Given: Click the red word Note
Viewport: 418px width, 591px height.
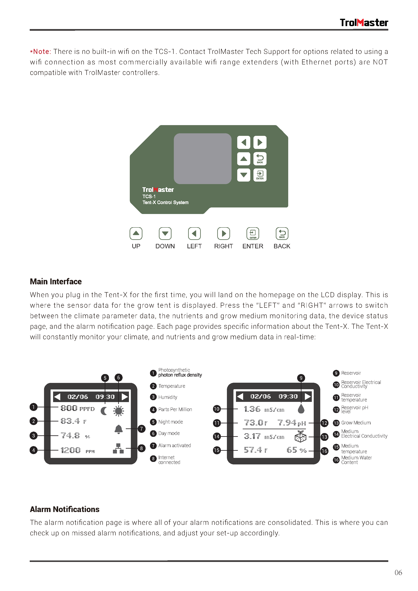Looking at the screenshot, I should pos(42,52).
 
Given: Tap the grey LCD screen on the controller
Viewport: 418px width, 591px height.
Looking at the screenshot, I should pos(202,158).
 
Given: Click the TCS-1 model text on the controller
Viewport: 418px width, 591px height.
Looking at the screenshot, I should pos(149,196).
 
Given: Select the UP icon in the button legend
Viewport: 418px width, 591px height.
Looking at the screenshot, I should pos(136,233).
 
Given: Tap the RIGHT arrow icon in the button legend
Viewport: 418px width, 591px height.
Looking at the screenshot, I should pos(223,233).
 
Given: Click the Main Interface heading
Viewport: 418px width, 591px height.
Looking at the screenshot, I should pos(56,282).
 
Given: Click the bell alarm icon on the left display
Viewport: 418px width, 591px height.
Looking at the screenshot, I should pos(118,429).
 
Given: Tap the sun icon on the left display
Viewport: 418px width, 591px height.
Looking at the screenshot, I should pos(118,411).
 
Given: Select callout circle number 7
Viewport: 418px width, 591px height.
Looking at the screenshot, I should pos(141,429).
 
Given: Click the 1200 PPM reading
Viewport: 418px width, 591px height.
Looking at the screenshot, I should pos(77,451).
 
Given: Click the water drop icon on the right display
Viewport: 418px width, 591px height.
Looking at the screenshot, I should pos(301,409).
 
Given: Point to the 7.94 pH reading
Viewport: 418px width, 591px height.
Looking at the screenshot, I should pos(291,423).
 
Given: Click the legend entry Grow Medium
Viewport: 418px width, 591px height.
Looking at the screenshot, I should pos(356,423).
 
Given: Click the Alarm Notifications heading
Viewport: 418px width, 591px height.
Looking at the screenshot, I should pos(65,509).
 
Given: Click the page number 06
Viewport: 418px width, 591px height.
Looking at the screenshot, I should pos(398,573).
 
